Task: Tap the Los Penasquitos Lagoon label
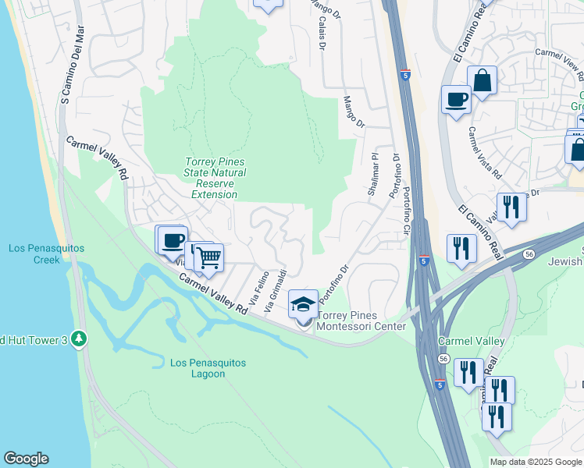coord(208,368)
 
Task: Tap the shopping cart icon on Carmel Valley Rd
coord(208,257)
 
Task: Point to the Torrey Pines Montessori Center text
coord(361,321)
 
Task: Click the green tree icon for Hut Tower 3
coord(78,339)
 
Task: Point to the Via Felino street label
coord(258,288)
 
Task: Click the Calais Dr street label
coord(321,32)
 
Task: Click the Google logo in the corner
coord(26,459)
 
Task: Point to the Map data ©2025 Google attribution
coord(536,462)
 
